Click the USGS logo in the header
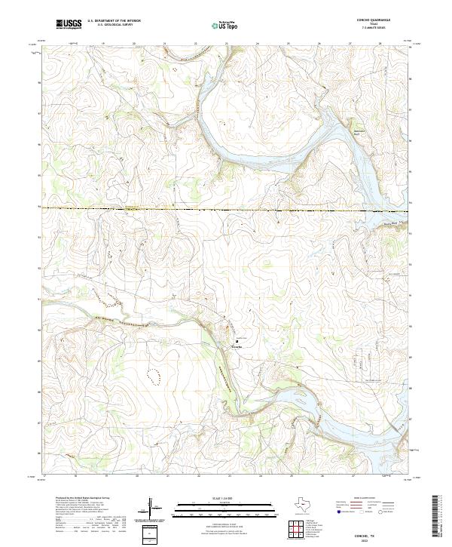click(69, 24)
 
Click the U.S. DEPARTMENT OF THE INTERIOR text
click(114, 21)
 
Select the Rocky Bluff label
click(389, 223)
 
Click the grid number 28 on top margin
click(380, 45)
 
